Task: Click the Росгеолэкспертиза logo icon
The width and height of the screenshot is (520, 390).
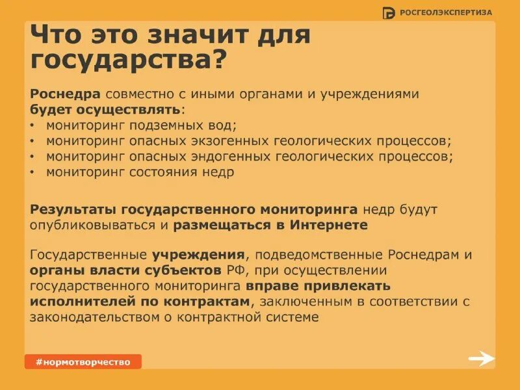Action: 389,12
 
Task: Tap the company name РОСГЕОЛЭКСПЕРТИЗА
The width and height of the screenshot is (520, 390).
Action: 446,12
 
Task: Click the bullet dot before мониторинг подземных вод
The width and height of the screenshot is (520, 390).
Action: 33,125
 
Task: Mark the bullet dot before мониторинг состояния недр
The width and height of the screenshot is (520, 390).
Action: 33,173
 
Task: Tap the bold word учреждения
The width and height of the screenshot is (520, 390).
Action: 199,254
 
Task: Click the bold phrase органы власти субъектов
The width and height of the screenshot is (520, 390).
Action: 126,270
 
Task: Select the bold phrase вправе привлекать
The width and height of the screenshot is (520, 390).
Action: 318,286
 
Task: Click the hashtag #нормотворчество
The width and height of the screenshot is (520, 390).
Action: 83,361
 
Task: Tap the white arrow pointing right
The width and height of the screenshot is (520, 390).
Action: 482,359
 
